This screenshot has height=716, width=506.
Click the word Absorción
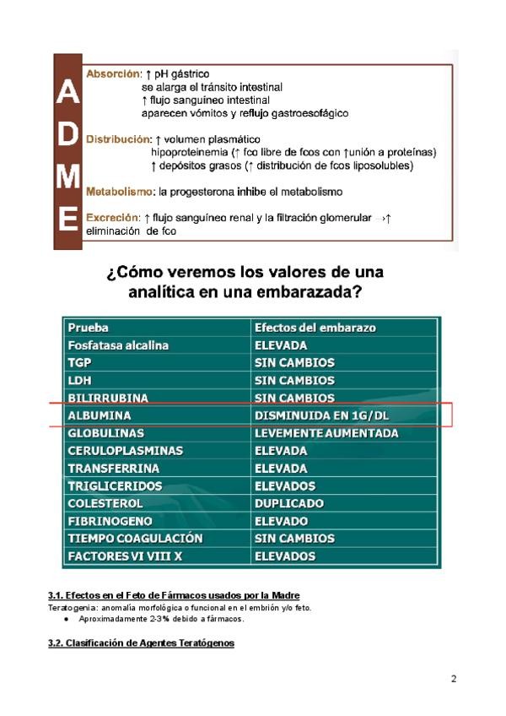pos(112,74)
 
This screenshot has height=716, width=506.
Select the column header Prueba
pos(88,328)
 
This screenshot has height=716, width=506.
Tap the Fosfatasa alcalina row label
pos(118,345)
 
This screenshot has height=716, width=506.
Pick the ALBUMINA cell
pos(100,415)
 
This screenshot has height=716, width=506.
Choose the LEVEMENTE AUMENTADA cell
pos(326,433)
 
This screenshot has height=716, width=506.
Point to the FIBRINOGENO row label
pos(110,521)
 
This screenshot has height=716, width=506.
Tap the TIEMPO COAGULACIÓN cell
pos(136,539)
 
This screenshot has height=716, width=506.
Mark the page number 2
pos(454,679)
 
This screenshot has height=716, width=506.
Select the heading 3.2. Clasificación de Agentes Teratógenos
pos(139,643)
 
